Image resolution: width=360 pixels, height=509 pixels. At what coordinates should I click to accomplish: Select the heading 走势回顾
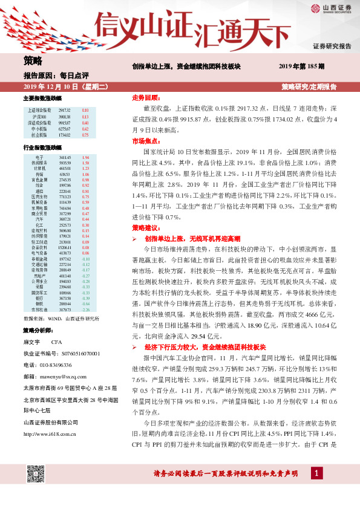tap(146, 97)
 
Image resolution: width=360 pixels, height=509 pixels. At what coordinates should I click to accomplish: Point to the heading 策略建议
tap(146, 227)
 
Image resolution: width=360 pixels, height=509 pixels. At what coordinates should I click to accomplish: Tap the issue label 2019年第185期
tap(301, 66)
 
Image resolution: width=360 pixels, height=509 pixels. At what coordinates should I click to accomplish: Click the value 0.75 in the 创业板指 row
tap(85, 135)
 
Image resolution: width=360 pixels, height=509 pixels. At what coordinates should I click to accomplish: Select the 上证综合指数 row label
tap(38, 109)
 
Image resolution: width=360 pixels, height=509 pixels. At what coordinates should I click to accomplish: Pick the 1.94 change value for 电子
tap(85, 157)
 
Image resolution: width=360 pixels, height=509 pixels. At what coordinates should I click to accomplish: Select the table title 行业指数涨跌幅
tap(42, 148)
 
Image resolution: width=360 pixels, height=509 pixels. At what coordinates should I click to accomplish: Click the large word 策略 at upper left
tap(33, 60)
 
